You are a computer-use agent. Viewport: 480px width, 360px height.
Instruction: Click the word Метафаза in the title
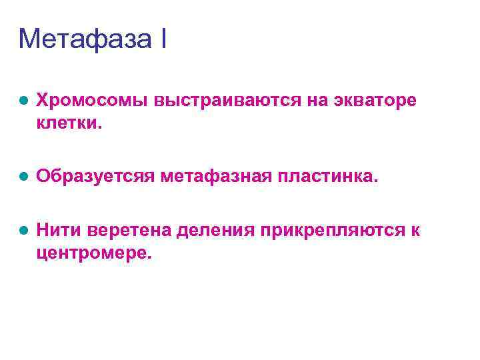pyautogui.click(x=84, y=39)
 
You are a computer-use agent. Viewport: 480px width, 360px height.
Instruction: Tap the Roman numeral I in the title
pyautogui.click(x=163, y=39)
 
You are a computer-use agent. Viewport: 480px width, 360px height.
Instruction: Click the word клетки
pyautogui.click(x=67, y=123)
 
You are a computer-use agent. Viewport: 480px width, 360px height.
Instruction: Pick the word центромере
pyautogui.click(x=91, y=253)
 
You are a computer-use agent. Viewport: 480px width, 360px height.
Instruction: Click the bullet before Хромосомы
pyautogui.click(x=23, y=101)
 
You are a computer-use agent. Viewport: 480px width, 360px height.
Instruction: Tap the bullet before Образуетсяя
pyautogui.click(x=23, y=177)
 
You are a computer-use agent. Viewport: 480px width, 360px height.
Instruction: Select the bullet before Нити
pyautogui.click(x=23, y=231)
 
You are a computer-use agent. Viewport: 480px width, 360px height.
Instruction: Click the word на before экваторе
pyautogui.click(x=318, y=101)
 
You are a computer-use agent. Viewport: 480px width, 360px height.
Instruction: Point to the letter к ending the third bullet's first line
pyautogui.click(x=415, y=231)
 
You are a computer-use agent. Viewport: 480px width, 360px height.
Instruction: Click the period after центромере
pyautogui.click(x=149, y=257)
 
